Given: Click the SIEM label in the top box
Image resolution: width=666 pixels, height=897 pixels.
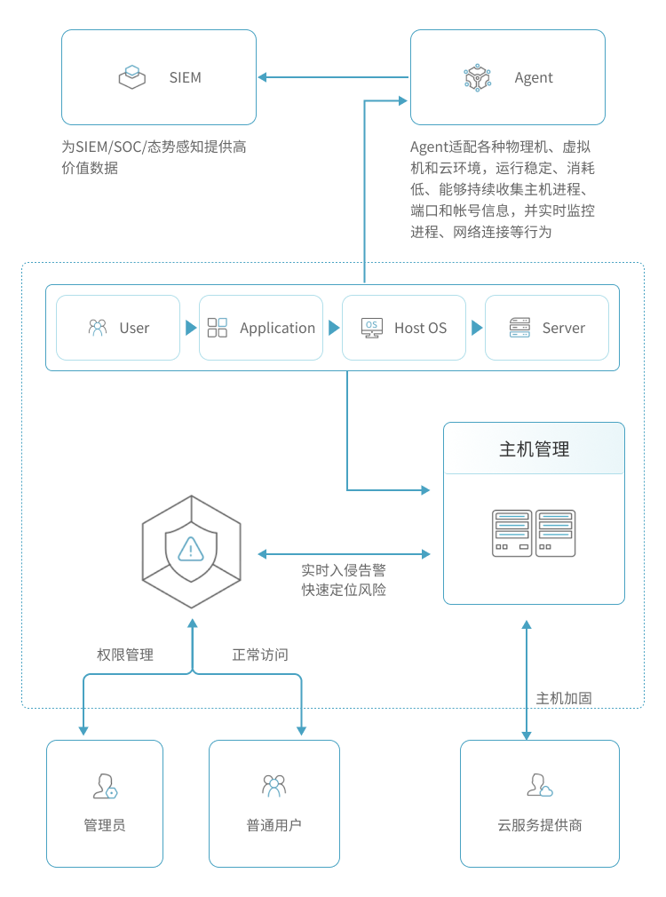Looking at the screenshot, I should click(186, 77).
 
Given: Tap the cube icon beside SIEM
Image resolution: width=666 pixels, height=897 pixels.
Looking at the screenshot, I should click(132, 77).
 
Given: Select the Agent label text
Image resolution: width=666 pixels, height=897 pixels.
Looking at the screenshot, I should click(534, 77).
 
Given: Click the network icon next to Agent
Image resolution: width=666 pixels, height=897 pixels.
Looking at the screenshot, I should click(478, 77).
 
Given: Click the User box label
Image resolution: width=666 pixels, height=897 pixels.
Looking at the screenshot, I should click(134, 328).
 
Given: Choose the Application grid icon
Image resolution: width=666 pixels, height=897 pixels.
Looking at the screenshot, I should click(218, 328).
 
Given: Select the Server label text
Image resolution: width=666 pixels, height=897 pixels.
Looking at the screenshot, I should click(564, 328).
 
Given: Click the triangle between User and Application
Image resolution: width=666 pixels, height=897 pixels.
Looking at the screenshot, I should click(190, 328).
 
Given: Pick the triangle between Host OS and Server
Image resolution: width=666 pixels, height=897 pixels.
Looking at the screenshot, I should click(477, 328).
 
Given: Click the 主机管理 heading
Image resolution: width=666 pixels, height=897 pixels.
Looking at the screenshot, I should click(535, 449).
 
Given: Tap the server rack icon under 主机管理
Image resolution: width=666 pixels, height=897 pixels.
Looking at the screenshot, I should click(535, 533).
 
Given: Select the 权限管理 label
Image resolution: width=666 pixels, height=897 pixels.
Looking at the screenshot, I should click(125, 655).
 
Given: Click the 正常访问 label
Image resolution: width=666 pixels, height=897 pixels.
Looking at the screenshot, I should click(260, 655).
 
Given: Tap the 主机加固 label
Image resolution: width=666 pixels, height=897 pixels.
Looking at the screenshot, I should click(564, 698).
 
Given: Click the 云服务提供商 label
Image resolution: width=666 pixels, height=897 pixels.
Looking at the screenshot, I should click(540, 825).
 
